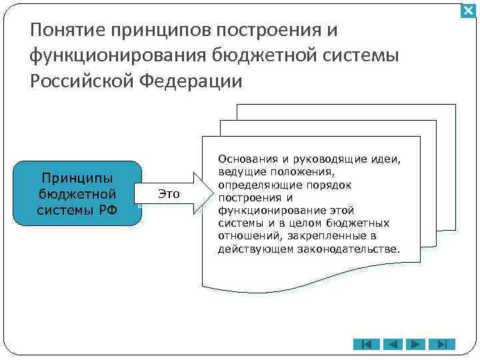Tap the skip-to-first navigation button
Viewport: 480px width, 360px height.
366,345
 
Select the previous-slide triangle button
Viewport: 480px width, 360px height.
393,345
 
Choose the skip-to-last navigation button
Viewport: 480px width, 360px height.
441,345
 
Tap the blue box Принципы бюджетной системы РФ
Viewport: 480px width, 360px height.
78,194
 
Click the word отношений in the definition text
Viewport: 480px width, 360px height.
245,236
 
